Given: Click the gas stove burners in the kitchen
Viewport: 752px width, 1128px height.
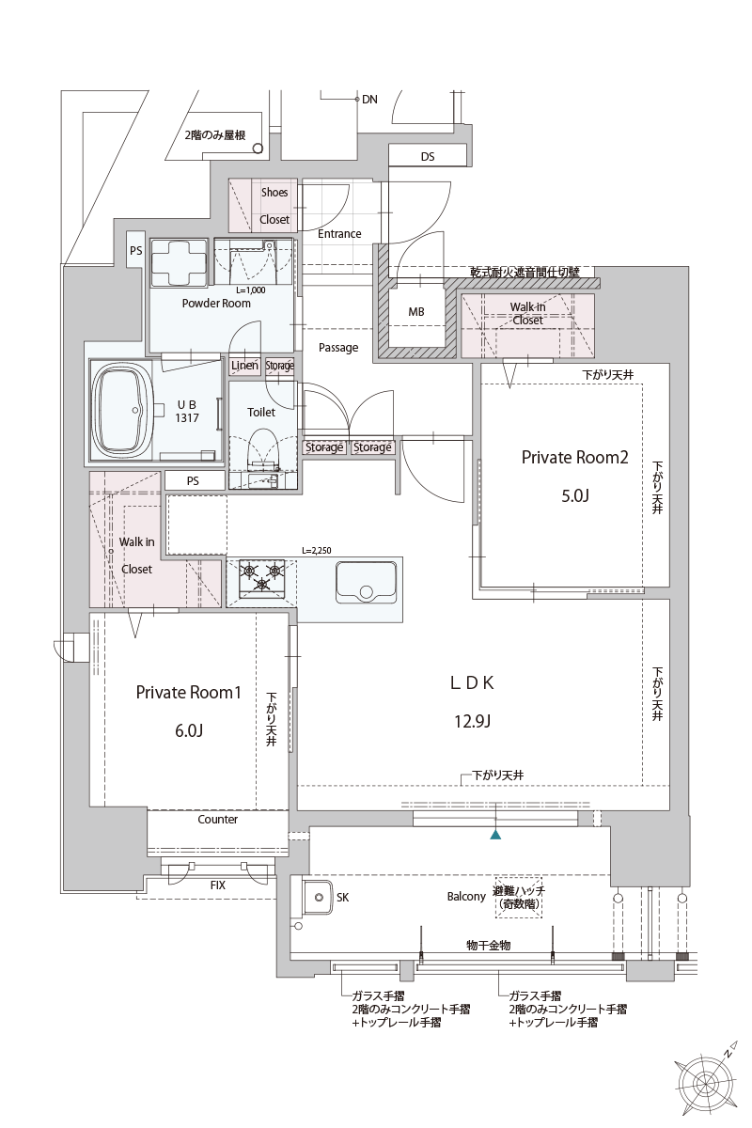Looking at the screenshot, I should [x=262, y=576].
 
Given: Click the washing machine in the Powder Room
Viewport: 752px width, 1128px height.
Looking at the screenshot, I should [x=179, y=259].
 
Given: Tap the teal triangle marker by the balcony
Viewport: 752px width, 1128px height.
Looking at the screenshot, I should [x=495, y=833].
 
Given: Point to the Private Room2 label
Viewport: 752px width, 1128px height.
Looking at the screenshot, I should [x=574, y=458].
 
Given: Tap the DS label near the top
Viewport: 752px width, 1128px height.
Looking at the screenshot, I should [x=428, y=157].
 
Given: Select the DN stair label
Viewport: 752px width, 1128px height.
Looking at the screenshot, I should [x=369, y=99].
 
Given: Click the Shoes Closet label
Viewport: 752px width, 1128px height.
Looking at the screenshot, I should [x=274, y=206].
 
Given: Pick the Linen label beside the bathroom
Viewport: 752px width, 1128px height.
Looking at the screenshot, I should [x=244, y=366].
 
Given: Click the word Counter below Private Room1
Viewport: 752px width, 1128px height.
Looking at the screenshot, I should [x=217, y=820].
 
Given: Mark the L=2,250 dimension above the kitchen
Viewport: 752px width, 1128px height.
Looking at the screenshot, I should [x=317, y=551].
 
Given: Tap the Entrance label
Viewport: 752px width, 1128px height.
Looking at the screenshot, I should [x=339, y=234].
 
